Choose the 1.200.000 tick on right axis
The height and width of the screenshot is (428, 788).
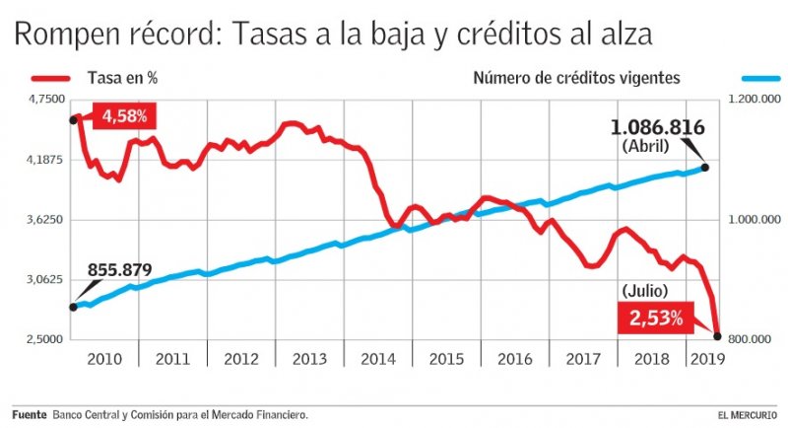(x=754, y=100)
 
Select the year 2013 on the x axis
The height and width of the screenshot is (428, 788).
(x=310, y=358)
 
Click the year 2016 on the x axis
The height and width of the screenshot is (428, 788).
(x=514, y=358)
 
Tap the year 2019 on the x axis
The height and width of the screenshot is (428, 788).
(x=705, y=358)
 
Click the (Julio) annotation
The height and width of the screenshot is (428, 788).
(x=645, y=290)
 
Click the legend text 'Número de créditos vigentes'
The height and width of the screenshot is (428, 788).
(x=576, y=77)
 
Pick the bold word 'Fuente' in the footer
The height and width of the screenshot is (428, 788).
(x=30, y=414)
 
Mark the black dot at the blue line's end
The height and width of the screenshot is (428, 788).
(x=704, y=168)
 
